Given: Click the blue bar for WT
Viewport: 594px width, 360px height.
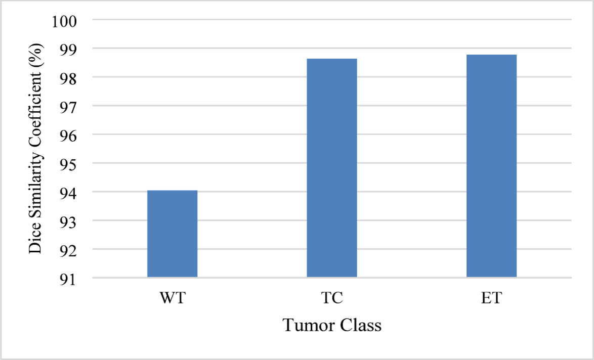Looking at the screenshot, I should [172, 234].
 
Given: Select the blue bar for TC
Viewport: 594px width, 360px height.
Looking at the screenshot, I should [332, 168].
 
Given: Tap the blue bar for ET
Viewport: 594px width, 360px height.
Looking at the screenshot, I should [491, 166].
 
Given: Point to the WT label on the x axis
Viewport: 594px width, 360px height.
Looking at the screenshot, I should [172, 298].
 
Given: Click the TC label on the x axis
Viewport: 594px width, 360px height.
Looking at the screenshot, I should [332, 298].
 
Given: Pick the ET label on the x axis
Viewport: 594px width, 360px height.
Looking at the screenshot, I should [491, 298].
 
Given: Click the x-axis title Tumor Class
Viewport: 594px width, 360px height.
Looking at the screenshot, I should [332, 325].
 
